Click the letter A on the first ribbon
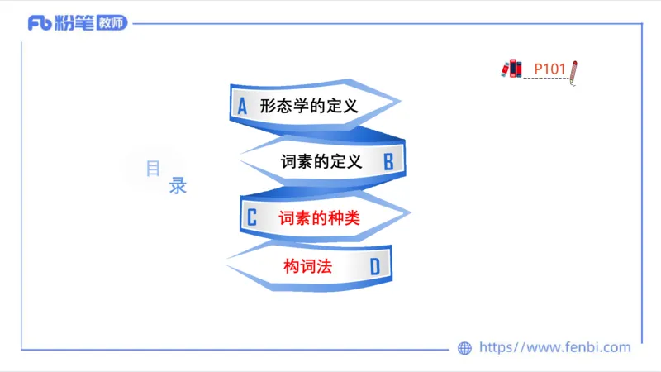pyautogui.click(x=242, y=106)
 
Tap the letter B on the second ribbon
pyautogui.click(x=388, y=162)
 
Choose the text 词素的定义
pyautogui.click(x=321, y=162)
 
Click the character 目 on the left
pyautogui.click(x=153, y=169)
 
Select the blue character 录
pyautogui.click(x=178, y=186)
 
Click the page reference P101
pyautogui.click(x=549, y=69)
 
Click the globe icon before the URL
pyautogui.click(x=465, y=348)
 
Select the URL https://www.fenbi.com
pyautogui.click(x=554, y=348)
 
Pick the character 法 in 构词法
pyautogui.click(x=324, y=267)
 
